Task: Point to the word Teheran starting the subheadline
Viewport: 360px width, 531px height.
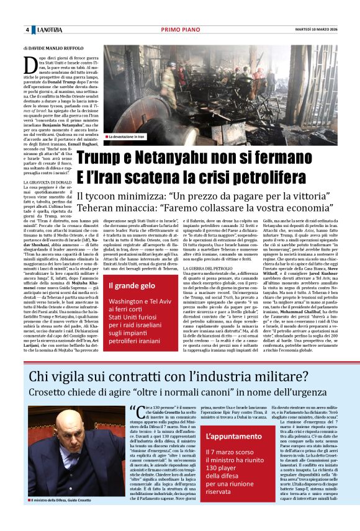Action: coord(97,208)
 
